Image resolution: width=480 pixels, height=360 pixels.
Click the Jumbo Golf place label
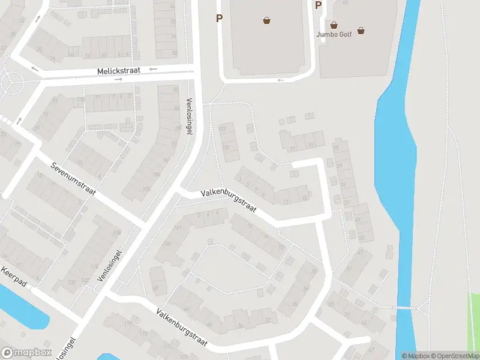click(337, 34)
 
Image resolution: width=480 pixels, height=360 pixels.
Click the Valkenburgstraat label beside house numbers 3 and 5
click(228, 201)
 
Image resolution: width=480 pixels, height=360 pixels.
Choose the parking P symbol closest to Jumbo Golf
click(318, 5)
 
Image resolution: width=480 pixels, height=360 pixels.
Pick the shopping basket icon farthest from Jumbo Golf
click(266, 20)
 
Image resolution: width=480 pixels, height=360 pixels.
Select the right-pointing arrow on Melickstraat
click(118, 79)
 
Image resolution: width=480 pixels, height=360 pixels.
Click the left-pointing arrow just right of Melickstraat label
click(154, 69)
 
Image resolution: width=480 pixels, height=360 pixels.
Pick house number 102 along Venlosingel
click(146, 190)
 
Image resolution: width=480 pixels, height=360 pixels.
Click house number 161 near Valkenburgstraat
click(176, 228)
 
